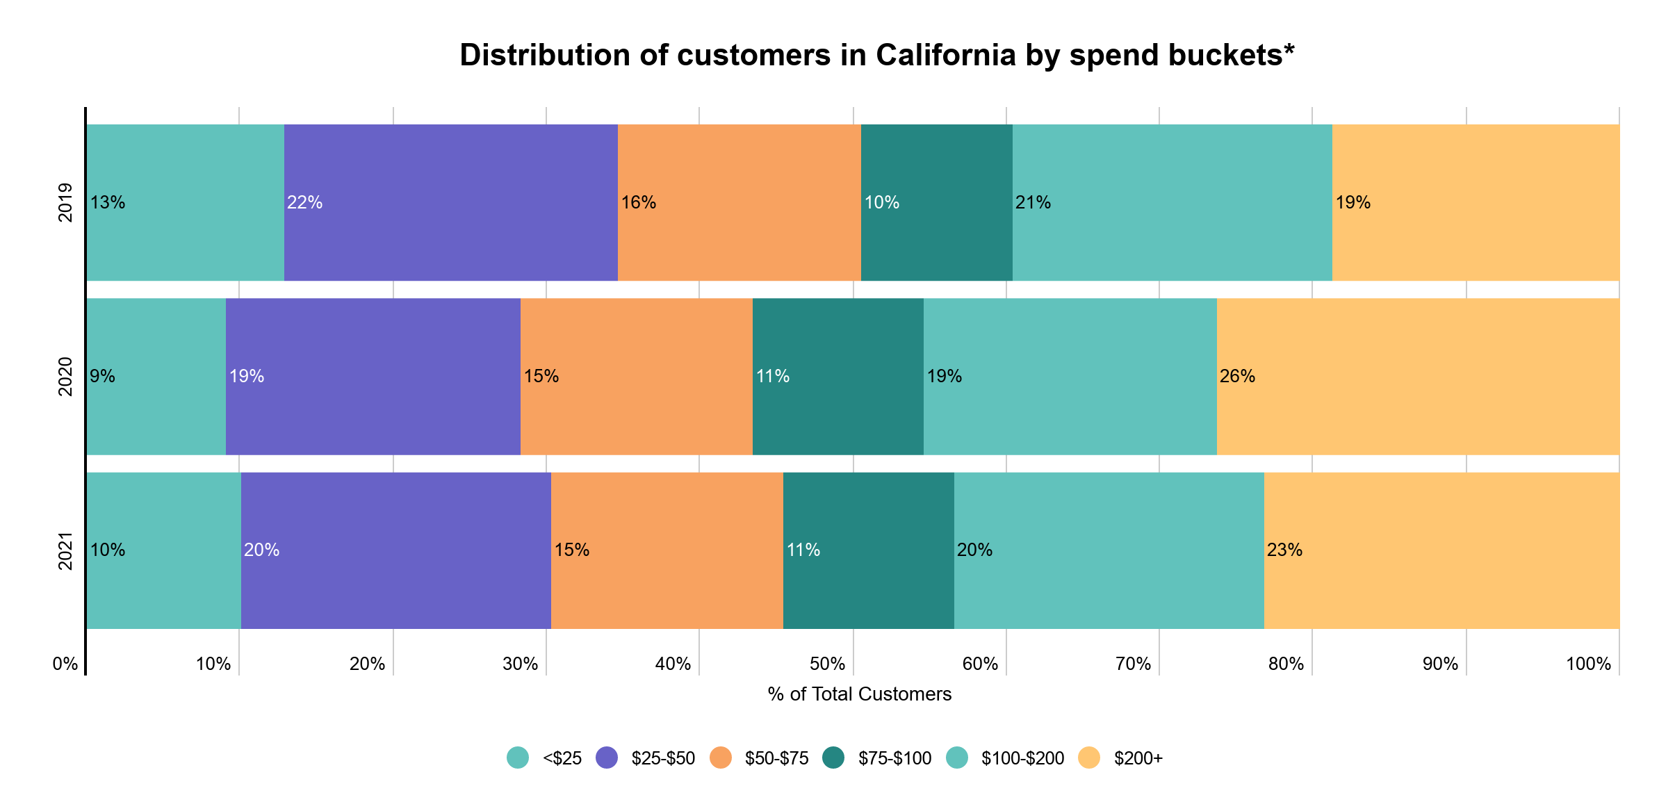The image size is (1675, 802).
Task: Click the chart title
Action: (x=877, y=56)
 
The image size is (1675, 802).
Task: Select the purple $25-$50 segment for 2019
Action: (x=450, y=202)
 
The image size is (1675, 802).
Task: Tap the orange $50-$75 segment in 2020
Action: (x=636, y=376)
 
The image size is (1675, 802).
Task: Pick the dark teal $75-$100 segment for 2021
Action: (x=868, y=550)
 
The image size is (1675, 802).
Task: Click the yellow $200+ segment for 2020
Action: (x=1418, y=376)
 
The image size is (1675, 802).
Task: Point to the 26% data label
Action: (x=1237, y=377)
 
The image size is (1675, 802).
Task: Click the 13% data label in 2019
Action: (x=108, y=203)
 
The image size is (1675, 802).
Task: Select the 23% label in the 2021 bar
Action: (x=1284, y=550)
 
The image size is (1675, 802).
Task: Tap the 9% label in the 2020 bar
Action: (x=102, y=377)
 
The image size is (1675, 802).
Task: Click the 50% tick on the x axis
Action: (x=827, y=664)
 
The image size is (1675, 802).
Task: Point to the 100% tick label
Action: (x=1588, y=664)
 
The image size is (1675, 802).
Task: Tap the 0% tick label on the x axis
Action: (x=65, y=664)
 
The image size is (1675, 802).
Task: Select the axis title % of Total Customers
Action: (x=860, y=694)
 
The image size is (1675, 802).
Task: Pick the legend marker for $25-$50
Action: (x=607, y=758)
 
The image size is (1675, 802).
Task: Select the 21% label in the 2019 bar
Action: (x=1033, y=203)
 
